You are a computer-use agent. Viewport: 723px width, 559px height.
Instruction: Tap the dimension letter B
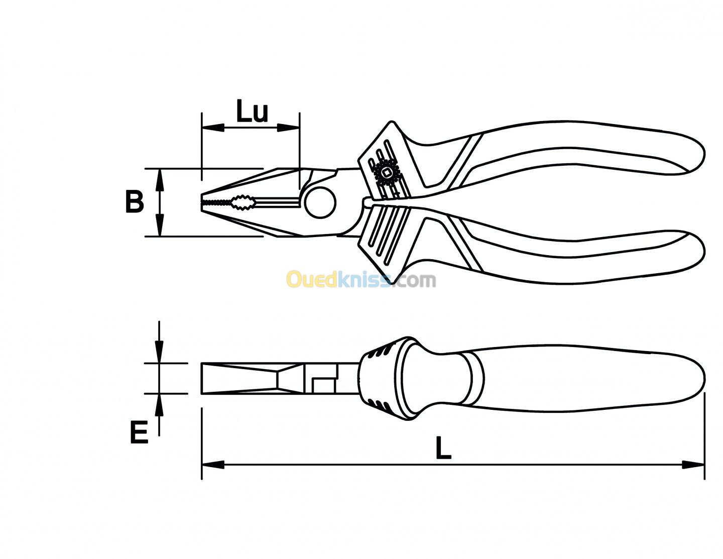click(135, 201)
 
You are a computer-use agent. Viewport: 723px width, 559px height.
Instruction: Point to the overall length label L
click(443, 448)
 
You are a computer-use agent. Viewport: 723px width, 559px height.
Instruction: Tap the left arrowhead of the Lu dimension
click(212, 128)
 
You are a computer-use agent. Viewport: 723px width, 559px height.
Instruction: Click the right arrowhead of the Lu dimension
click(289, 128)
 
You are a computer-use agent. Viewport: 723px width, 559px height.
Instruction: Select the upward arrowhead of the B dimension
click(160, 180)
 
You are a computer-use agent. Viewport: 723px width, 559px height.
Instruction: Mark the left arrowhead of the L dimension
click(213, 465)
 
